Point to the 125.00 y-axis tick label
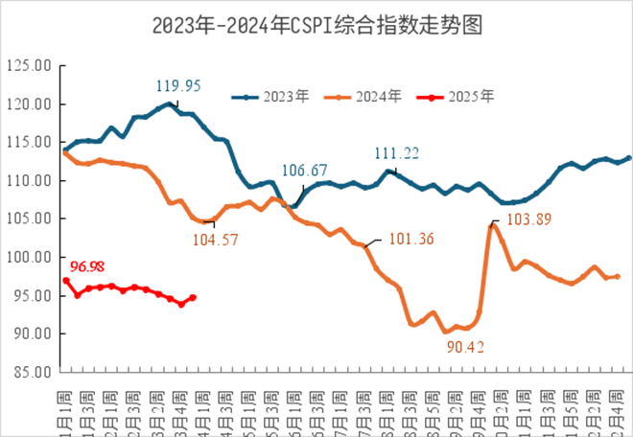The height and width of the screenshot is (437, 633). coord(29,66)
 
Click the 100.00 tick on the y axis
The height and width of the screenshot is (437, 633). coord(29,257)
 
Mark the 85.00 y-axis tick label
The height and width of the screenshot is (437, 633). coord(29,372)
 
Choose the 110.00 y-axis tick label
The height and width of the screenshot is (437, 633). coord(29,180)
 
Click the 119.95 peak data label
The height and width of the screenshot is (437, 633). coord(178,85)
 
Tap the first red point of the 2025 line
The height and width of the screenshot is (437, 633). coord(66,280)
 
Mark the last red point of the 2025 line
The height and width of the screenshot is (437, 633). coord(193,297)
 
